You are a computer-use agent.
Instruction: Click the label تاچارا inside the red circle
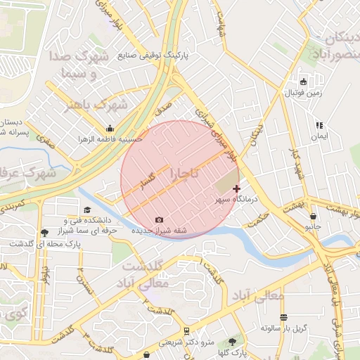click(x=184, y=172)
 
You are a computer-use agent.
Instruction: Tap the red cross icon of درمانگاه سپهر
click(x=236, y=188)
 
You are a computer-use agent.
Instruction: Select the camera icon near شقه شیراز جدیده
click(x=158, y=220)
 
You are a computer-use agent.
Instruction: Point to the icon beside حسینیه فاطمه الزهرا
click(x=110, y=129)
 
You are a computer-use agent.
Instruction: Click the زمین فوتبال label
click(x=302, y=92)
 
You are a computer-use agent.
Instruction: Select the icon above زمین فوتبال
click(x=303, y=82)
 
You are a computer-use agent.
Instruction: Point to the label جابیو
click(x=312, y=227)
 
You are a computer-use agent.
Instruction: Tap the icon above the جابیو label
click(x=312, y=217)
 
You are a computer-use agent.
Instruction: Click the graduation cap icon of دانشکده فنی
click(x=87, y=210)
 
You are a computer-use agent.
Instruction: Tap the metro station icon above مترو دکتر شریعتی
click(x=186, y=330)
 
